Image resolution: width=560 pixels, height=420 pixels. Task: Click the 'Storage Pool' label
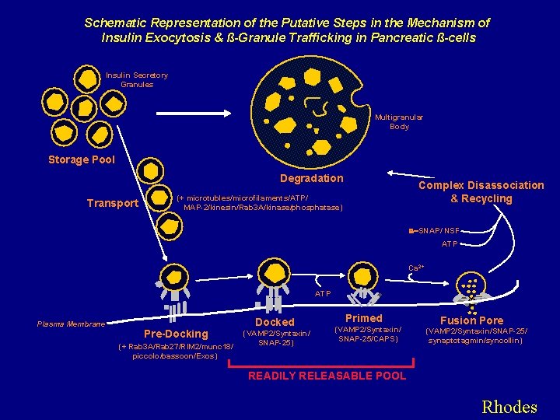click(81, 160)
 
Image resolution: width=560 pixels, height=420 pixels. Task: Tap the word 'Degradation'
click(311, 178)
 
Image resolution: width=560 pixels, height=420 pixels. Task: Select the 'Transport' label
click(112, 204)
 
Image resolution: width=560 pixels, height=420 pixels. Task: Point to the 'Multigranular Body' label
click(399, 121)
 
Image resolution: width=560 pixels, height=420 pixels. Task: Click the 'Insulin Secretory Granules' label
click(137, 79)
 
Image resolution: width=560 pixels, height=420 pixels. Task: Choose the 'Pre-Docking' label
click(177, 334)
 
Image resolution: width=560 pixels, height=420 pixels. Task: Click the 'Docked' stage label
click(275, 322)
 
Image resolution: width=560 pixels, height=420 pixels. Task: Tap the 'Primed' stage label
click(364, 318)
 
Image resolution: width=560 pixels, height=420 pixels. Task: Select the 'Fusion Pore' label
click(472, 320)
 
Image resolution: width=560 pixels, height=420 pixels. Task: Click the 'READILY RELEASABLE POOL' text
click(327, 376)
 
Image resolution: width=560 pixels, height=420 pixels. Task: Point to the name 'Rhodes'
click(509, 407)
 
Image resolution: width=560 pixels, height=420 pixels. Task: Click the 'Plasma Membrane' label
click(70, 324)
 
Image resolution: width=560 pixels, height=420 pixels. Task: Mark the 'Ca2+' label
click(416, 268)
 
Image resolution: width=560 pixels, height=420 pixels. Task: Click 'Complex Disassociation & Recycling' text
click(481, 191)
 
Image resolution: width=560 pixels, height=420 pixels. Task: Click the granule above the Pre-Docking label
click(170, 277)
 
